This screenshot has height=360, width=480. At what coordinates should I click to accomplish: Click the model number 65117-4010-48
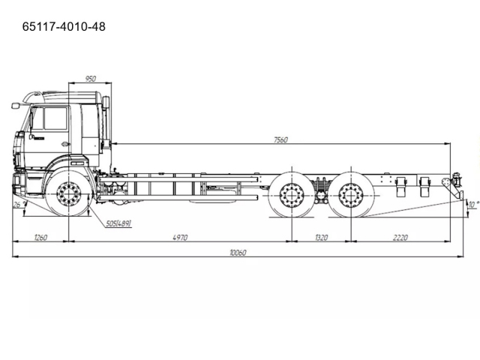tap(64, 27)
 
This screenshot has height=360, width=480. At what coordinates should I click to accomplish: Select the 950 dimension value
tap(90, 79)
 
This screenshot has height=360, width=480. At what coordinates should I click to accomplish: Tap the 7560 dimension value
tap(280, 140)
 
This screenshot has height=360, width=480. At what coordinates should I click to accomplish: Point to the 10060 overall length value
tap(238, 253)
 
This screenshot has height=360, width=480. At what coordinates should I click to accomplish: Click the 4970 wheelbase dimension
tap(180, 238)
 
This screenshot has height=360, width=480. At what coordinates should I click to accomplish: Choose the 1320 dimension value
tap(322, 238)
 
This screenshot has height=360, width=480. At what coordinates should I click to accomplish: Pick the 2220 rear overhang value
tap(400, 238)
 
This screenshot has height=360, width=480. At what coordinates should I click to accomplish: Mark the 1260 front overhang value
tap(40, 238)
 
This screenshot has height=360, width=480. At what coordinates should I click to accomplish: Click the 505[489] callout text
tap(118, 223)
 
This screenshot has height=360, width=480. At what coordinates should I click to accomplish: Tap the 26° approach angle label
tap(19, 205)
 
